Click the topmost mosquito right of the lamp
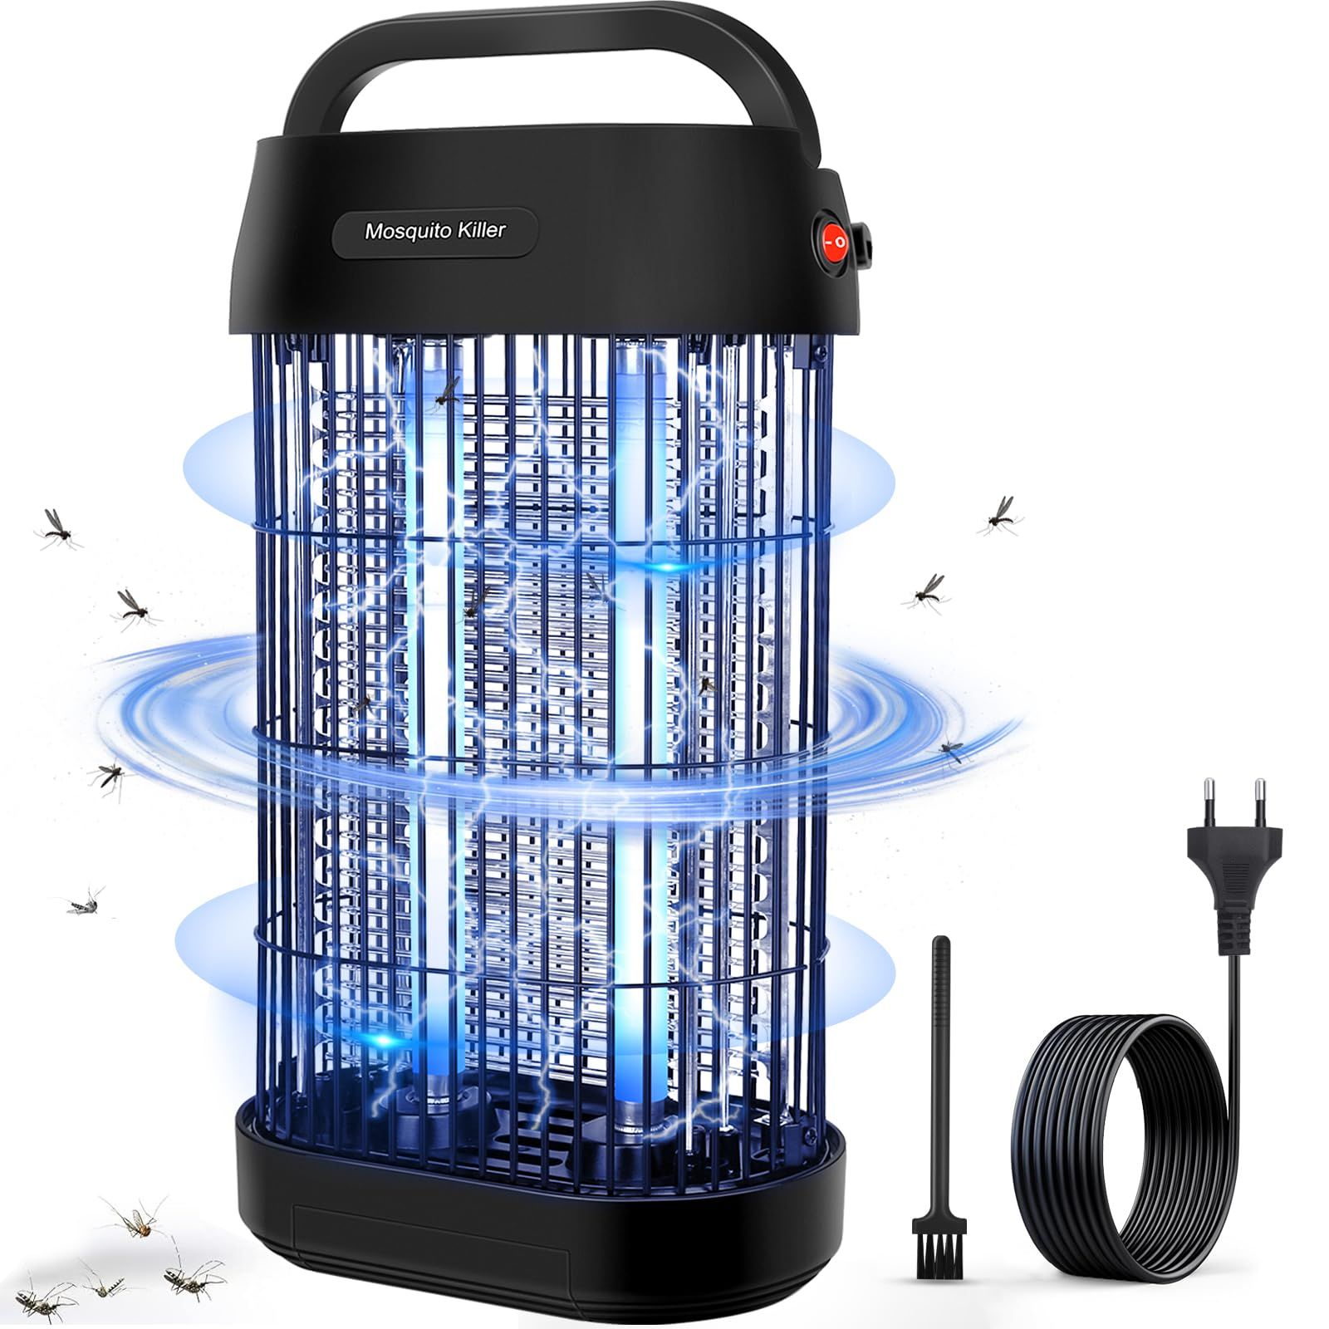(998, 515)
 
